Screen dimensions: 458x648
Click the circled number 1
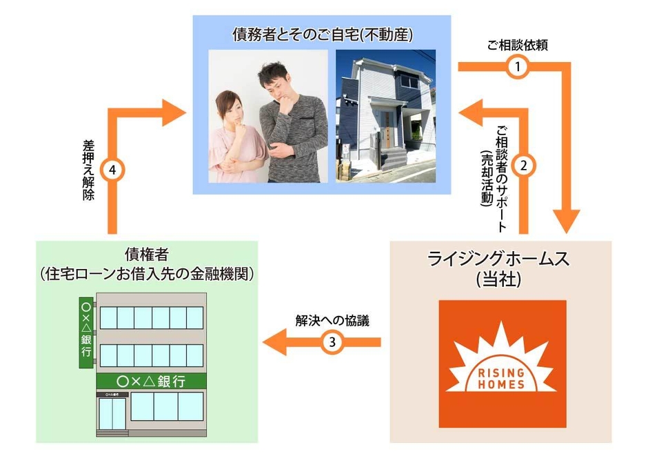[517, 67]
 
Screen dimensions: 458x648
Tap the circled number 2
[525, 166]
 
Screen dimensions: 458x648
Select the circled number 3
[333, 342]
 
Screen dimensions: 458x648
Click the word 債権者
[148, 253]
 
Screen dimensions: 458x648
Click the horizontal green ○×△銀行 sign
[151, 381]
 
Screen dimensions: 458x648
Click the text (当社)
[500, 281]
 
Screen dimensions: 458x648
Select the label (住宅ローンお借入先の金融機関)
[148, 273]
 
